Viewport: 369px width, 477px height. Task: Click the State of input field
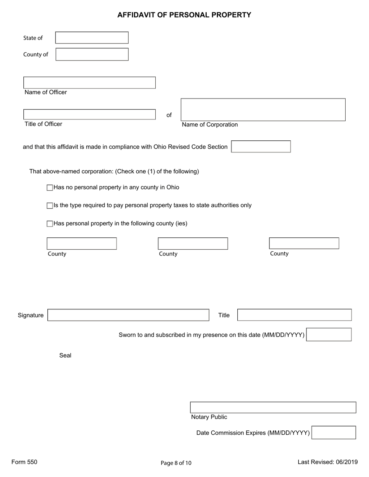pyautogui.click(x=92, y=38)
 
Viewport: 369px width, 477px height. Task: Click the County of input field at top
pyautogui.click(x=92, y=54)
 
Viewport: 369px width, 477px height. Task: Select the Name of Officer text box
pyautogui.click(x=89, y=83)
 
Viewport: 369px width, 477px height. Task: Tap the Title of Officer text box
pyautogui.click(x=89, y=114)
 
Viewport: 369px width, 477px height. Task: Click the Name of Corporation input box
pyautogui.click(x=263, y=110)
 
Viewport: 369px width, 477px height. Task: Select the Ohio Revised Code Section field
pyautogui.click(x=261, y=147)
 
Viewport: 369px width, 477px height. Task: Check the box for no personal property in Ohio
pyautogui.click(x=50, y=188)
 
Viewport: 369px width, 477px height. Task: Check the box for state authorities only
pyautogui.click(x=50, y=206)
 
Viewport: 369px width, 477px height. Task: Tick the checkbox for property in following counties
pyautogui.click(x=50, y=224)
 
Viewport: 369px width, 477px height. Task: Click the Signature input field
pyautogui.click(x=128, y=315)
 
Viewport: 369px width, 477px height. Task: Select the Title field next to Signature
pyautogui.click(x=294, y=315)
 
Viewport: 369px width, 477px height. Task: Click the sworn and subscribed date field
pyautogui.click(x=329, y=334)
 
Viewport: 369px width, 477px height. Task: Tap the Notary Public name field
pyautogui.click(x=273, y=408)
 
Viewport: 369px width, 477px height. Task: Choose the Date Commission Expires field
pyautogui.click(x=333, y=432)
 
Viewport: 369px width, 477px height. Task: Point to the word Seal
pyautogui.click(x=65, y=355)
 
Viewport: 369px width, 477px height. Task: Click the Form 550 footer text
pyautogui.click(x=24, y=462)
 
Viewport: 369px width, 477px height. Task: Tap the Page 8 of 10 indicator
pyautogui.click(x=176, y=463)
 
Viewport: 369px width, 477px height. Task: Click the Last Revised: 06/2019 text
pyautogui.click(x=327, y=462)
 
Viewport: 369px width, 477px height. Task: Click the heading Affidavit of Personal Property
pyautogui.click(x=184, y=15)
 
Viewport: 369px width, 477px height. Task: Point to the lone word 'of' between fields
pyautogui.click(x=169, y=115)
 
